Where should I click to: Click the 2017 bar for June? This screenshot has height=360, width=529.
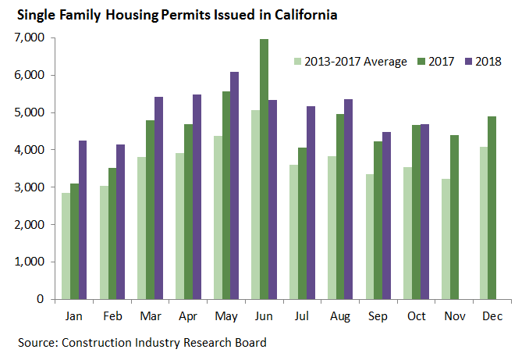point(264,169)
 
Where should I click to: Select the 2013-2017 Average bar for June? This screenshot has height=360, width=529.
point(254,205)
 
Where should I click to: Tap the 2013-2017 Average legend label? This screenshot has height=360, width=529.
point(355,62)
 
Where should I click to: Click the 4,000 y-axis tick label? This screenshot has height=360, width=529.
point(32,150)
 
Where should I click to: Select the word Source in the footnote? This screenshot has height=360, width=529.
point(37,343)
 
